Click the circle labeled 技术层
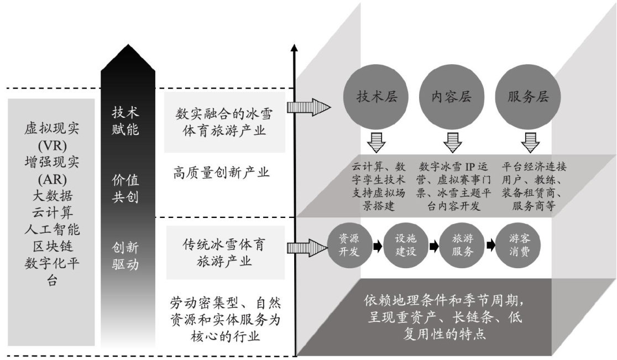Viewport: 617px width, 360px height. [376, 97]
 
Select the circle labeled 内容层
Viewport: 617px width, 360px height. [452, 97]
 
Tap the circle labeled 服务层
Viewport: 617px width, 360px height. [528, 97]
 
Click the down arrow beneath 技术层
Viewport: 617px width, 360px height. [376, 142]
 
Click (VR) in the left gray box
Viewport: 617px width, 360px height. [51, 147]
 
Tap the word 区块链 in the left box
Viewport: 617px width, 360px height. [51, 244]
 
